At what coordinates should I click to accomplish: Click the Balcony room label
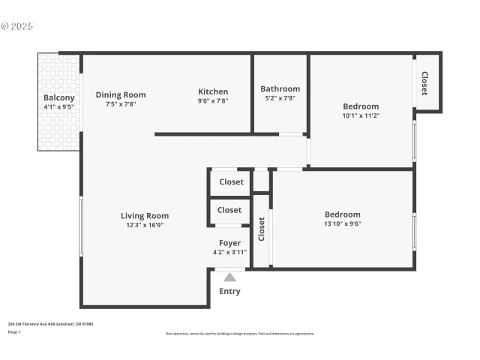[x=58, y=98]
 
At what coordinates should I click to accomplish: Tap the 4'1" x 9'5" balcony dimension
[x=58, y=107]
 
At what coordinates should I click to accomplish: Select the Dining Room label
[x=121, y=95]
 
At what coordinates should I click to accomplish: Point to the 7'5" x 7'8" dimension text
[x=121, y=104]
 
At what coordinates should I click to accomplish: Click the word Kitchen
[x=213, y=91]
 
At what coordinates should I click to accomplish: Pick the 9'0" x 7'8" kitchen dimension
[x=213, y=100]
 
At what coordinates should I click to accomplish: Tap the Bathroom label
[x=280, y=89]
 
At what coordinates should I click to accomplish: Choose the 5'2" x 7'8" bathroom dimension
[x=280, y=98]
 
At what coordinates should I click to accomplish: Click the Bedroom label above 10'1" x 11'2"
[x=361, y=106]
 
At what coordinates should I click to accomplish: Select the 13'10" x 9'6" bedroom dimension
[x=343, y=223]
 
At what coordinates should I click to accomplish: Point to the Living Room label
[x=145, y=216]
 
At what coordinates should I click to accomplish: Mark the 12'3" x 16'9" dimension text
[x=145, y=225]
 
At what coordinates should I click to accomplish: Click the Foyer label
[x=229, y=243]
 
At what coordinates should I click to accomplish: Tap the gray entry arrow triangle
[x=229, y=277]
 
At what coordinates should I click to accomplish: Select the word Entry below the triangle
[x=229, y=292]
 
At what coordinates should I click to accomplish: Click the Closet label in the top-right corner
[x=424, y=83]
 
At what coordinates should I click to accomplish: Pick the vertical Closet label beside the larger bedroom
[x=262, y=230]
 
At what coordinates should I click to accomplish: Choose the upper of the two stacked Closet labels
[x=231, y=182]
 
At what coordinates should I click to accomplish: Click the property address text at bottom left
[x=50, y=324]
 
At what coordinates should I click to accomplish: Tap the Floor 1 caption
[x=13, y=331]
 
